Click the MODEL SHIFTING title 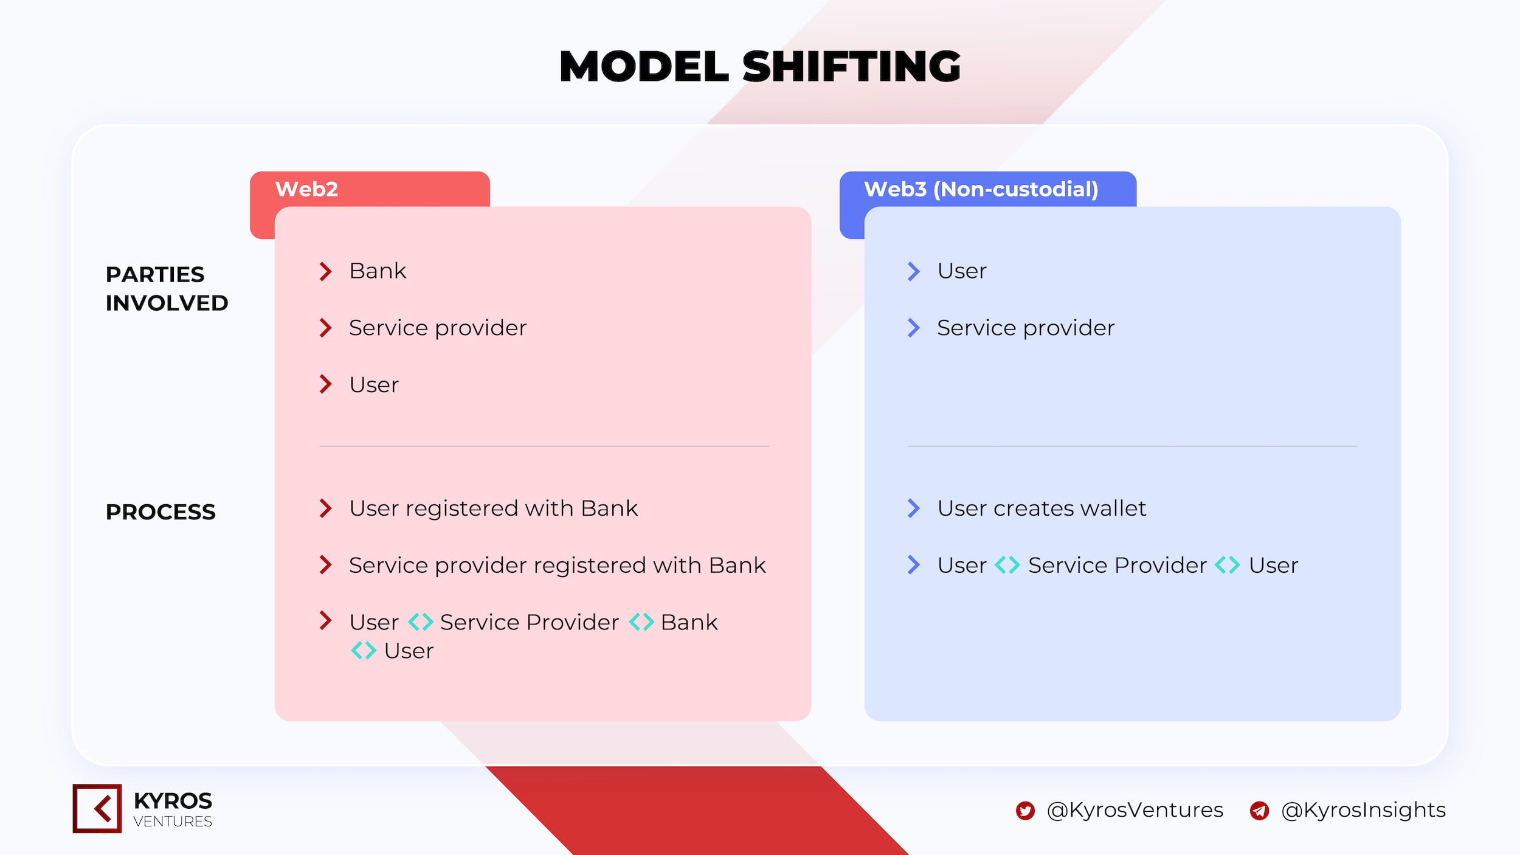click(x=760, y=66)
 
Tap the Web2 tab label click(x=306, y=189)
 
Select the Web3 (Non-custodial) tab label click(x=981, y=190)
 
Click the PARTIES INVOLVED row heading click(x=167, y=289)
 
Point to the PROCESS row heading click(x=161, y=512)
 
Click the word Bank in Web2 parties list click(x=378, y=271)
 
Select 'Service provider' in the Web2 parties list click(x=438, y=328)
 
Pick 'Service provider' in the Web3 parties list click(x=1026, y=328)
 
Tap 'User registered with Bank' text click(x=494, y=508)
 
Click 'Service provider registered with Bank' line click(x=558, y=566)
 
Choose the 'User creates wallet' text click(x=1042, y=508)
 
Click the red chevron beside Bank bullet click(x=326, y=271)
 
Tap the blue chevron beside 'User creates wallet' click(x=914, y=508)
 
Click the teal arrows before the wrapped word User click(x=364, y=651)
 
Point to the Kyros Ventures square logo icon click(x=97, y=808)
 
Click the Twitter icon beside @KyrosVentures click(x=1025, y=811)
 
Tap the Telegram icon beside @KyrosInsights click(x=1259, y=811)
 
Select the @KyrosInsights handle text click(x=1363, y=811)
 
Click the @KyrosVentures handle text click(x=1135, y=811)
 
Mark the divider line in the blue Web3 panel click(x=1132, y=446)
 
